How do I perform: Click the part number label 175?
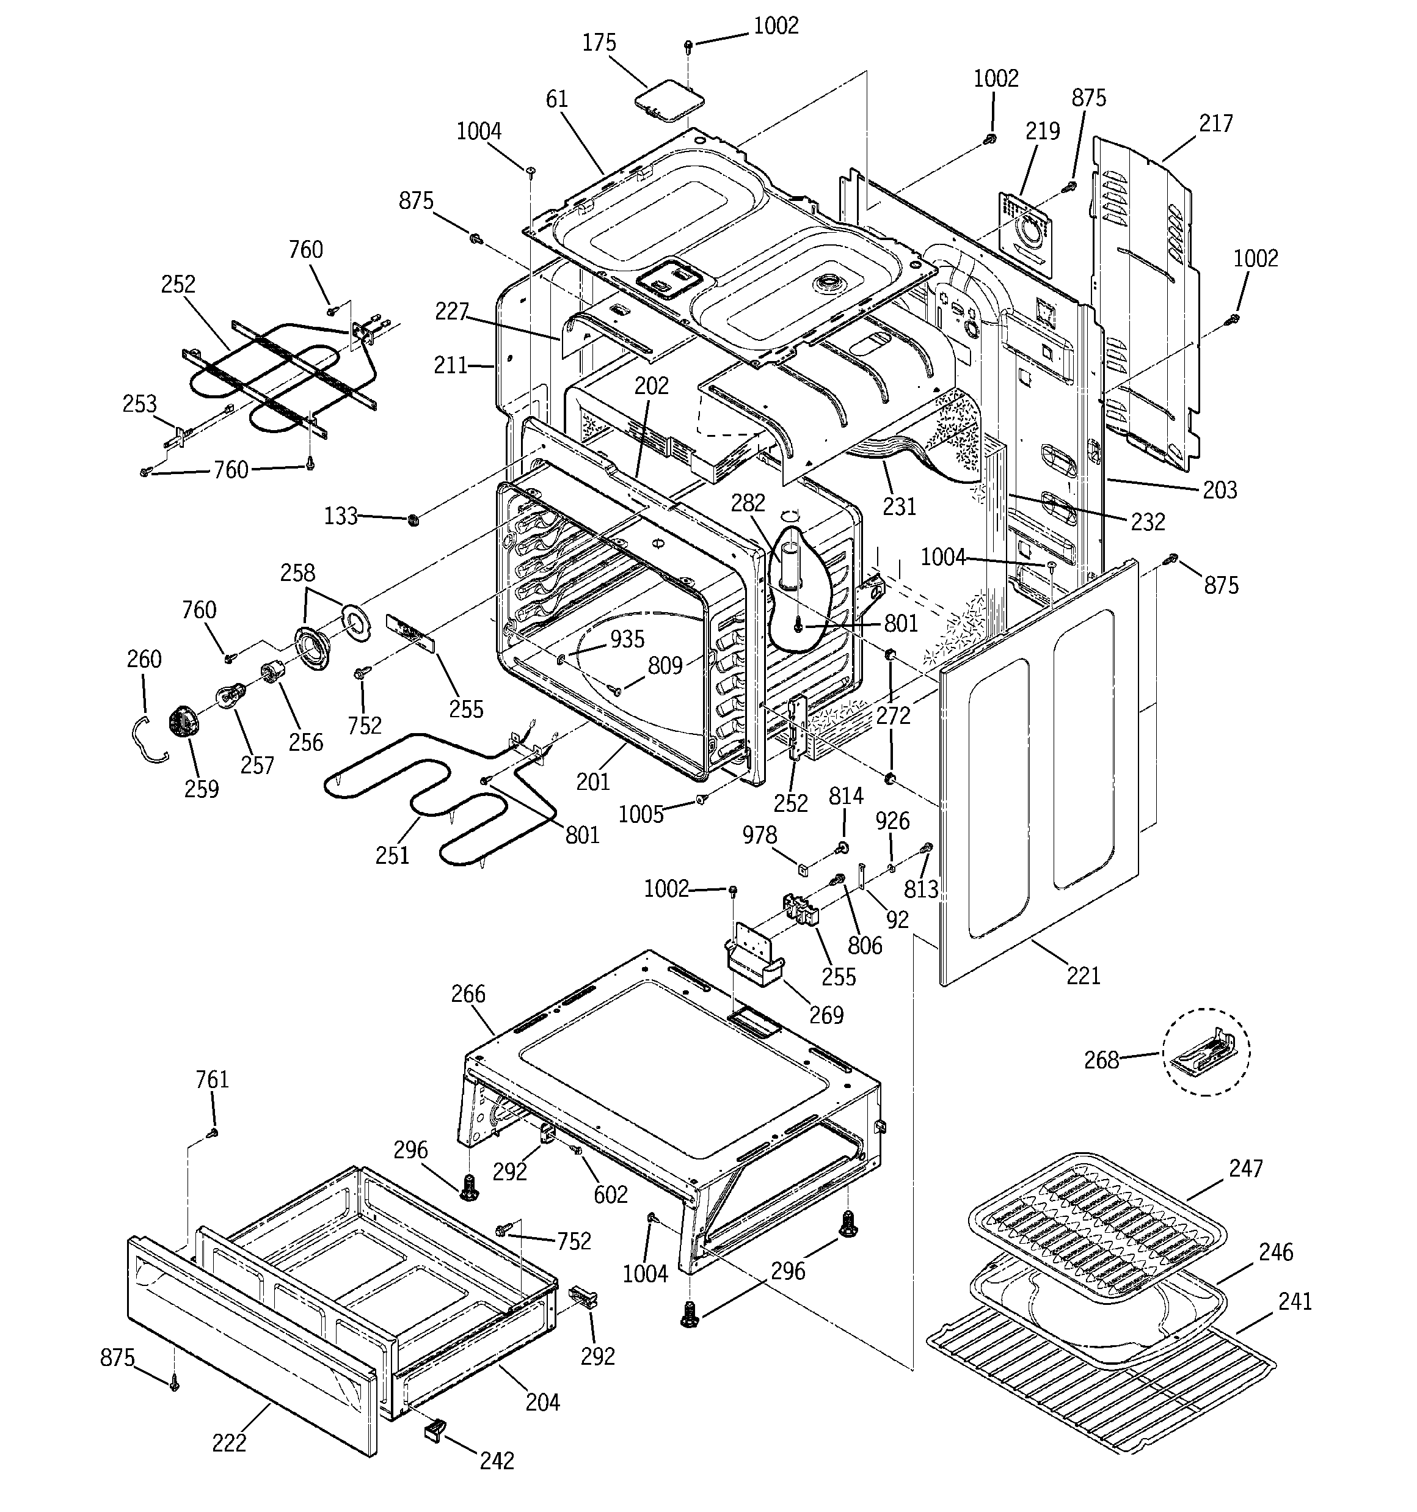599,43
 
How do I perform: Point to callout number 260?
144,659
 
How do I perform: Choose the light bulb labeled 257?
230,696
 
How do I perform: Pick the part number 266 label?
468,994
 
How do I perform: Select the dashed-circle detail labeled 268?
1206,1052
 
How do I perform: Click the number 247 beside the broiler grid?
1246,1168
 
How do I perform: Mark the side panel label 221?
1083,976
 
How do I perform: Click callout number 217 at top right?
1215,123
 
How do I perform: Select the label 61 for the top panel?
557,99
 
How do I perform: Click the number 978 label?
760,835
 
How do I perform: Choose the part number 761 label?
211,1079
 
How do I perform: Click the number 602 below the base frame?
611,1195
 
